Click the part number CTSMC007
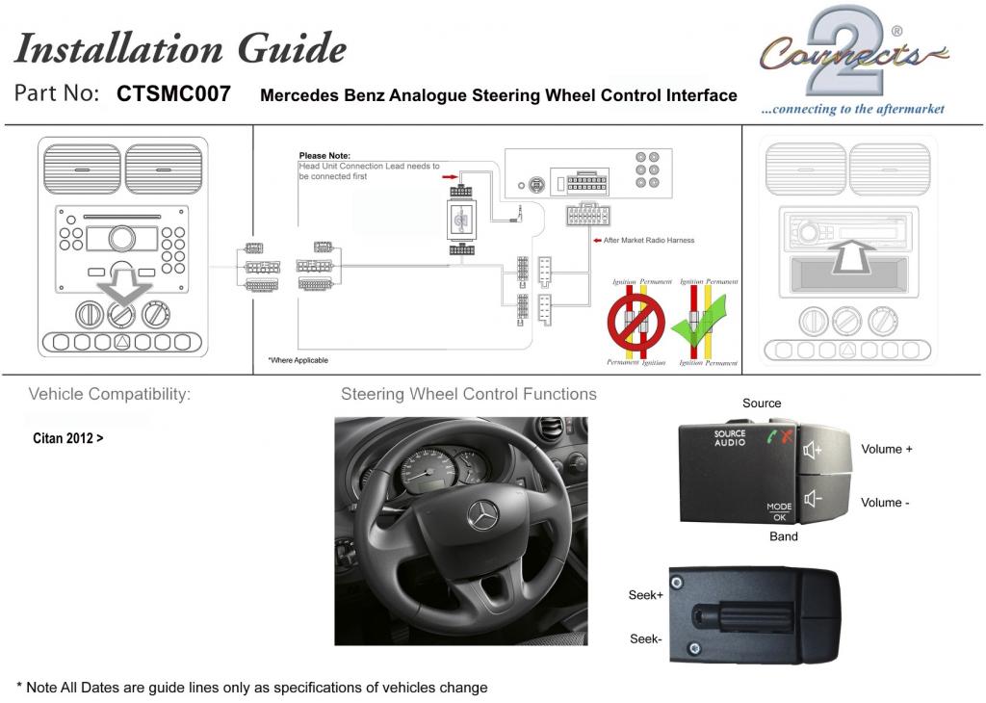coord(173,94)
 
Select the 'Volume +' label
coord(886,449)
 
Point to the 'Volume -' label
coord(885,503)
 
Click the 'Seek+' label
coord(645,595)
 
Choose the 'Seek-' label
coord(645,638)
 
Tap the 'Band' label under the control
coord(783,536)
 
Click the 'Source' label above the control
coord(762,404)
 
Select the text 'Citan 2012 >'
coord(68,438)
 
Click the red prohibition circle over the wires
coord(633,323)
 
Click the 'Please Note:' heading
coord(324,155)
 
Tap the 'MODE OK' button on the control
coord(778,511)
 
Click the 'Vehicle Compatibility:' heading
coord(110,394)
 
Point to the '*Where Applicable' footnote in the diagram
coord(298,360)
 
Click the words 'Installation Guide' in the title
coord(180,47)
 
